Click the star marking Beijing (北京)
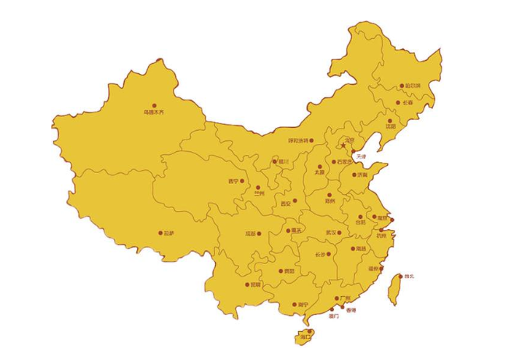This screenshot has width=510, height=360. tap(341, 146)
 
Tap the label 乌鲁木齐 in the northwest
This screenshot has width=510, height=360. tap(154, 112)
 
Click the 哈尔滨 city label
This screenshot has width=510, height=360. tap(410, 86)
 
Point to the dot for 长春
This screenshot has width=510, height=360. tap(397, 102)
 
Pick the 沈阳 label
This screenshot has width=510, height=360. tap(390, 125)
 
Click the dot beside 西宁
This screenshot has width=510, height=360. tap(242, 181)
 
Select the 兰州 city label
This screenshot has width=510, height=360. tap(259, 193)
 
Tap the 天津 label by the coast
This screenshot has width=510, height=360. tap(360, 157)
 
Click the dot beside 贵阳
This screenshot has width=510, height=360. tap(280, 270)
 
